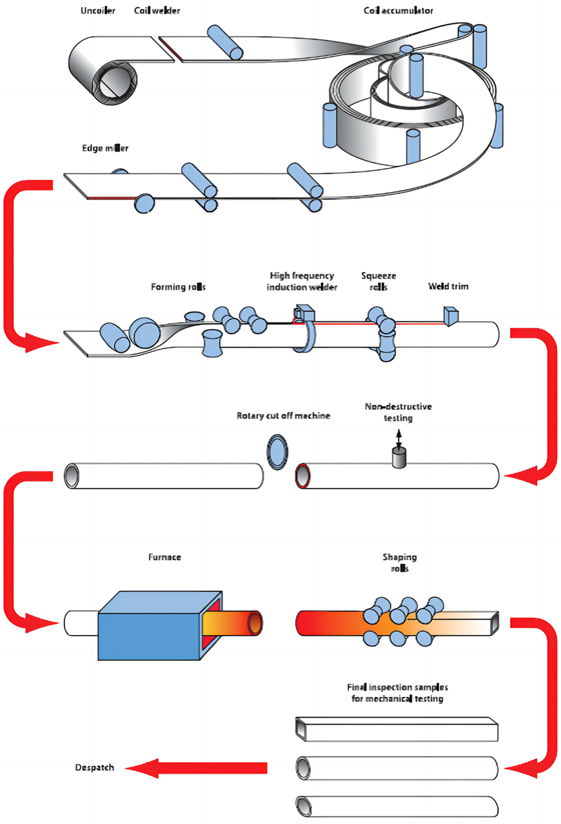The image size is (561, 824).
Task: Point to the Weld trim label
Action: [x=448, y=286]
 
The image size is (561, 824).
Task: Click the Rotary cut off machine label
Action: [x=283, y=416]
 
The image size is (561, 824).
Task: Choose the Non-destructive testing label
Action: [x=398, y=412]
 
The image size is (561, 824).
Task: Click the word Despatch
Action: [x=94, y=767]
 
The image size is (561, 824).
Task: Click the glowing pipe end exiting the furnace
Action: [x=255, y=623]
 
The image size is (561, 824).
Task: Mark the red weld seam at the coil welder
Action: [x=170, y=50]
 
